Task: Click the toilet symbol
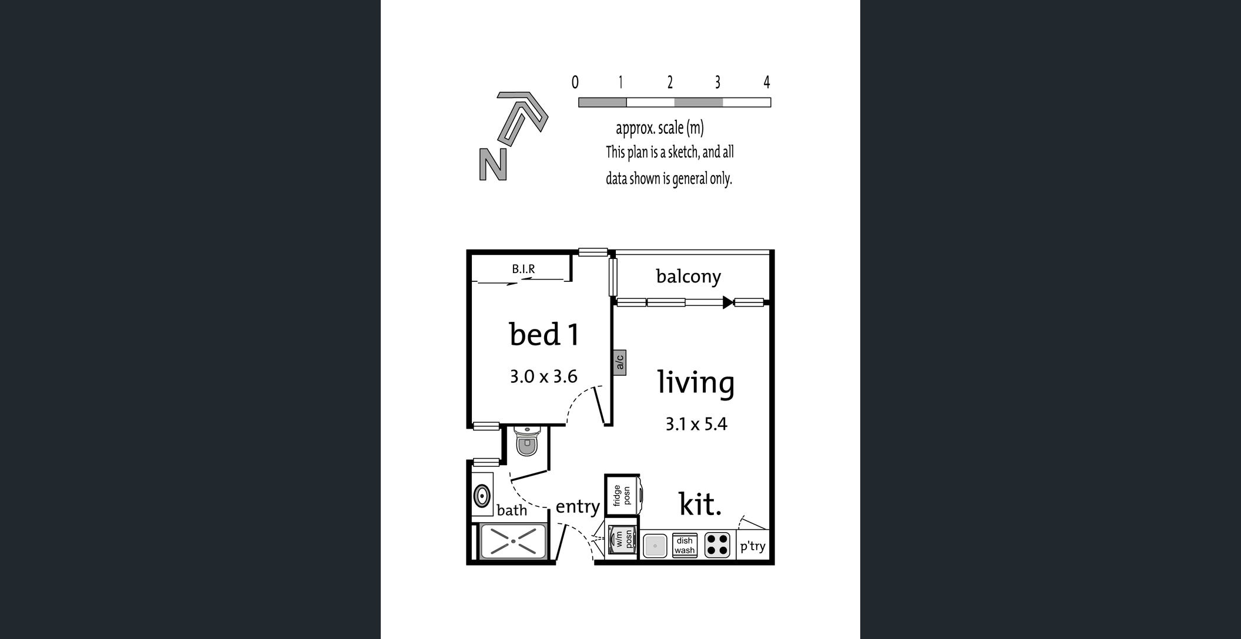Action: (526, 442)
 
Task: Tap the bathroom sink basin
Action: (482, 496)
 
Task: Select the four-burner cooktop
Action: (717, 544)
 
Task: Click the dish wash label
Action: (685, 546)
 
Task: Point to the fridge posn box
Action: (622, 495)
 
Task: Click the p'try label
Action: (752, 546)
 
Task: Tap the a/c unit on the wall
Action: (619, 362)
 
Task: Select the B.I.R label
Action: (523, 269)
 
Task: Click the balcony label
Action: (688, 276)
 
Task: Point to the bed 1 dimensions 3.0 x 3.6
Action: (544, 376)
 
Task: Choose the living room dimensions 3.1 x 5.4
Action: (696, 423)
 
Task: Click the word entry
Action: (578, 506)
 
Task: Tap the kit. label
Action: (700, 505)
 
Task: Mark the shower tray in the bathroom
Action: (514, 540)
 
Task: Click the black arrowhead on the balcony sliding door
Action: (727, 302)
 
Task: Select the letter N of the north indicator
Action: (493, 164)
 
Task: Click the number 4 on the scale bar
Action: (766, 82)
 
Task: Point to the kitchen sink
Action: (655, 546)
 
